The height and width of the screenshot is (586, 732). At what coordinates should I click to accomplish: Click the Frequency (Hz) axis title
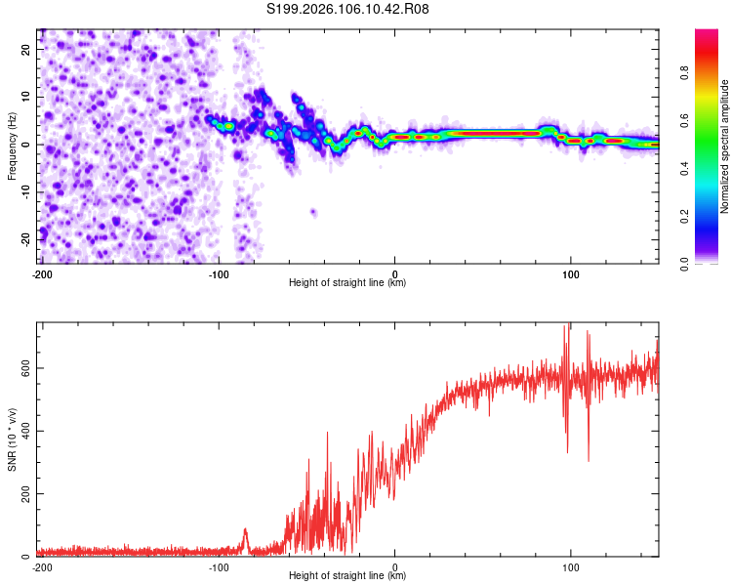pos(12,146)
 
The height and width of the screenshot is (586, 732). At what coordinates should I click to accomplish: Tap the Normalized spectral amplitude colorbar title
pos(724,146)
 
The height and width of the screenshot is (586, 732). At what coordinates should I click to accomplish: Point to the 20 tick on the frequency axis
pos(27,49)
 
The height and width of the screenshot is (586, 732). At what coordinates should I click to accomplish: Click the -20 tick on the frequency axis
pos(25,239)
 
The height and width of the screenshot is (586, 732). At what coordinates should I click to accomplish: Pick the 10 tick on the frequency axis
pos(27,97)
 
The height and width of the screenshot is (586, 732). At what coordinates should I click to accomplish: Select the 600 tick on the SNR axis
pos(22,368)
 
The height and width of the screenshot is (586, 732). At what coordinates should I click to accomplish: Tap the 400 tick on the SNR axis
pos(22,431)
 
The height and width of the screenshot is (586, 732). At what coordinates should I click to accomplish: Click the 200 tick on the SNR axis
pos(22,494)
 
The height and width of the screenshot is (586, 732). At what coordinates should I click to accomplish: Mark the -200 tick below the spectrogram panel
pos(42,273)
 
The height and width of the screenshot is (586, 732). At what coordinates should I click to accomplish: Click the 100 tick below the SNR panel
pos(570,566)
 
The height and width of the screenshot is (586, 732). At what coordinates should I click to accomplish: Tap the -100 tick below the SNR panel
pos(218,566)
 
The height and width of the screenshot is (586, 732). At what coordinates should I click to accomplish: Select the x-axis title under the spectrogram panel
pos(347,283)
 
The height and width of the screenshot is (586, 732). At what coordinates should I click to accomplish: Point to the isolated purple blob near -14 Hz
pos(313,212)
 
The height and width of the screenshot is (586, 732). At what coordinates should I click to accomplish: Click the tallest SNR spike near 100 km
pos(568,327)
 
